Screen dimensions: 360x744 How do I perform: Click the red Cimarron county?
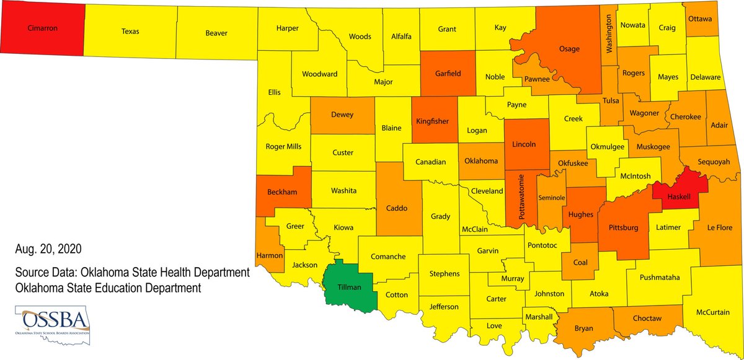[x=42, y=28]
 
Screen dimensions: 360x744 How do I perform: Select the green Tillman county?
[x=350, y=287]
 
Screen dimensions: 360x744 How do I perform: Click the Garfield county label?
[x=448, y=73]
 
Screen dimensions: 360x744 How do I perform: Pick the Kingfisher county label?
[x=432, y=121]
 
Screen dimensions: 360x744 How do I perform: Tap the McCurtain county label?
[x=713, y=312]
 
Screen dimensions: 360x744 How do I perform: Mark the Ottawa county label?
[x=700, y=19]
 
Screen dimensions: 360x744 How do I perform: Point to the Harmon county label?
[x=270, y=255]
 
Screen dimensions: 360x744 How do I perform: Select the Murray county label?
[x=511, y=279]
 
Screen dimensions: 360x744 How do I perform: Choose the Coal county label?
[x=580, y=262]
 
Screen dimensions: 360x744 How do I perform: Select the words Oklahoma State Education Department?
[x=108, y=288]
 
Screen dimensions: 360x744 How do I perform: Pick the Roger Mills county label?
[x=283, y=147]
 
